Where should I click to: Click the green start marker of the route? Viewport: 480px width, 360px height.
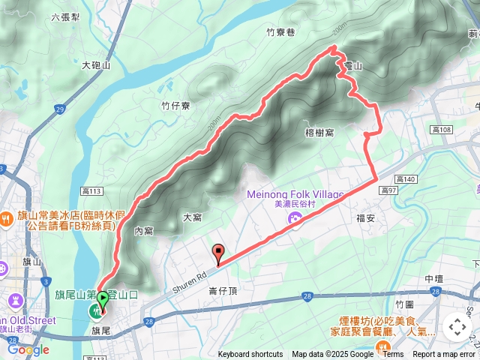102,298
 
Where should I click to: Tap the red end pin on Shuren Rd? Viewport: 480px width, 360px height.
218,253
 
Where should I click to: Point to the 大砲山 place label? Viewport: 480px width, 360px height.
96,66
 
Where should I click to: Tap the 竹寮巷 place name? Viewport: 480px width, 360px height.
280,32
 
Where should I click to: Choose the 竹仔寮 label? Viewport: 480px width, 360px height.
175,106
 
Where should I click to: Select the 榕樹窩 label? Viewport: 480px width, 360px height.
320,133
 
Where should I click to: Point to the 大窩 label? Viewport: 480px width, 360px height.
193,217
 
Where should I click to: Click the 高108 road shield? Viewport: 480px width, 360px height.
442,130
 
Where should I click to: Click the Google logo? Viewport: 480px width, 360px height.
28,349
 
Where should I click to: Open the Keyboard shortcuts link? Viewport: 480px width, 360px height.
251,355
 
